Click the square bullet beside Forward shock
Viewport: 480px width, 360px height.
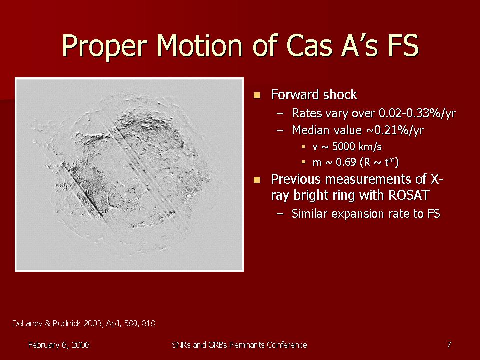[257, 95]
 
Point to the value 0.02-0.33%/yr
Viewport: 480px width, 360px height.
[417, 113]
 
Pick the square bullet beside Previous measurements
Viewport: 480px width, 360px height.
[257, 179]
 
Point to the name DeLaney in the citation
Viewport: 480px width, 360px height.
[27, 323]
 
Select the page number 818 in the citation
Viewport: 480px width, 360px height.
[148, 323]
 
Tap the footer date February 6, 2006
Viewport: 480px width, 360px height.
[59, 345]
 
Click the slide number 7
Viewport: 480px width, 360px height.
[449, 345]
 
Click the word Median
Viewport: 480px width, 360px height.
[310, 130]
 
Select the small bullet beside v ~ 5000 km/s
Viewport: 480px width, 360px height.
[303, 147]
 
